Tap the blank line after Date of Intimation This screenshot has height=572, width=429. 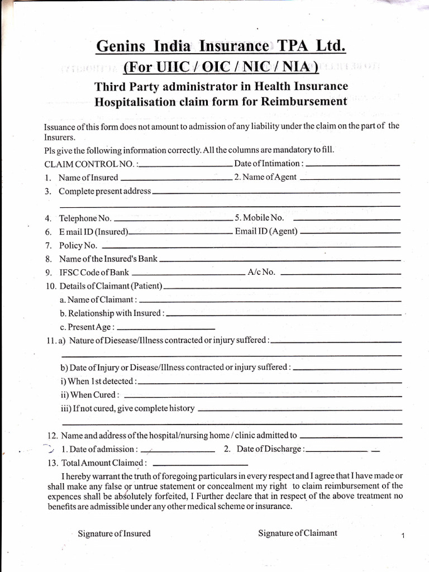point(353,166)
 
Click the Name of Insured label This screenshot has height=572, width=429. point(88,178)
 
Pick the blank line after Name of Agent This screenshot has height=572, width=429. point(350,179)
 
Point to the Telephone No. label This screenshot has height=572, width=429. point(85,218)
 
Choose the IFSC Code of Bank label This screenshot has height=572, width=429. point(94,273)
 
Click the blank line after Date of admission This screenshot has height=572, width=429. point(178,450)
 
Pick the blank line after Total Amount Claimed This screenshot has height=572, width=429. point(199,464)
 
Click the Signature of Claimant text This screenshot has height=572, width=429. point(297,533)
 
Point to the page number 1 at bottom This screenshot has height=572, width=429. point(402,537)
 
